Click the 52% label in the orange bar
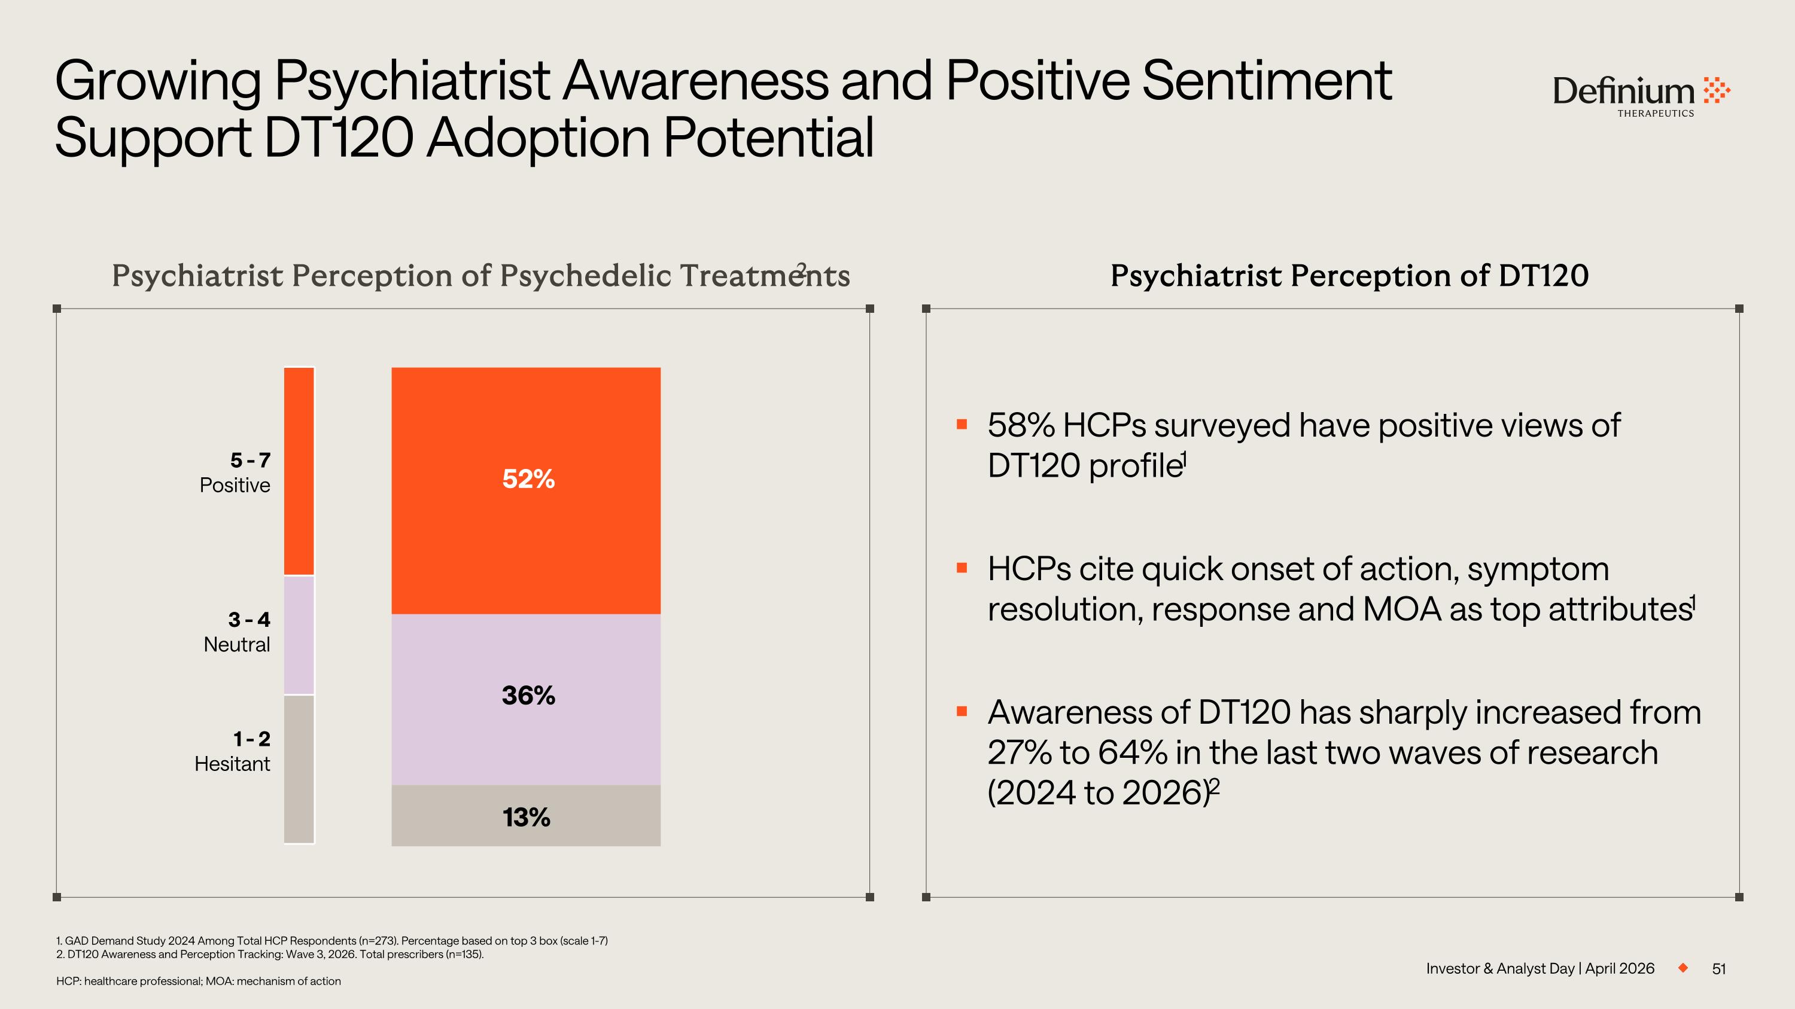(x=528, y=479)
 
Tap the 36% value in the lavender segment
(x=528, y=696)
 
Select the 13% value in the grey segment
(x=526, y=818)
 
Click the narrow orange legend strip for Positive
(x=299, y=471)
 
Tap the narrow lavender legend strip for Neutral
(x=299, y=635)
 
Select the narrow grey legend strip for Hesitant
(x=299, y=769)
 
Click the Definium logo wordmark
(x=1624, y=93)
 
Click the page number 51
(x=1719, y=968)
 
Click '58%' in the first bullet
(x=1021, y=425)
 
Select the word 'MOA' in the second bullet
(x=1401, y=609)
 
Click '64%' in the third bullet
(x=1132, y=753)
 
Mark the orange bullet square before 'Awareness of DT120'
(x=962, y=712)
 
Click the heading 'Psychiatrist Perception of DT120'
(x=1349, y=276)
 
